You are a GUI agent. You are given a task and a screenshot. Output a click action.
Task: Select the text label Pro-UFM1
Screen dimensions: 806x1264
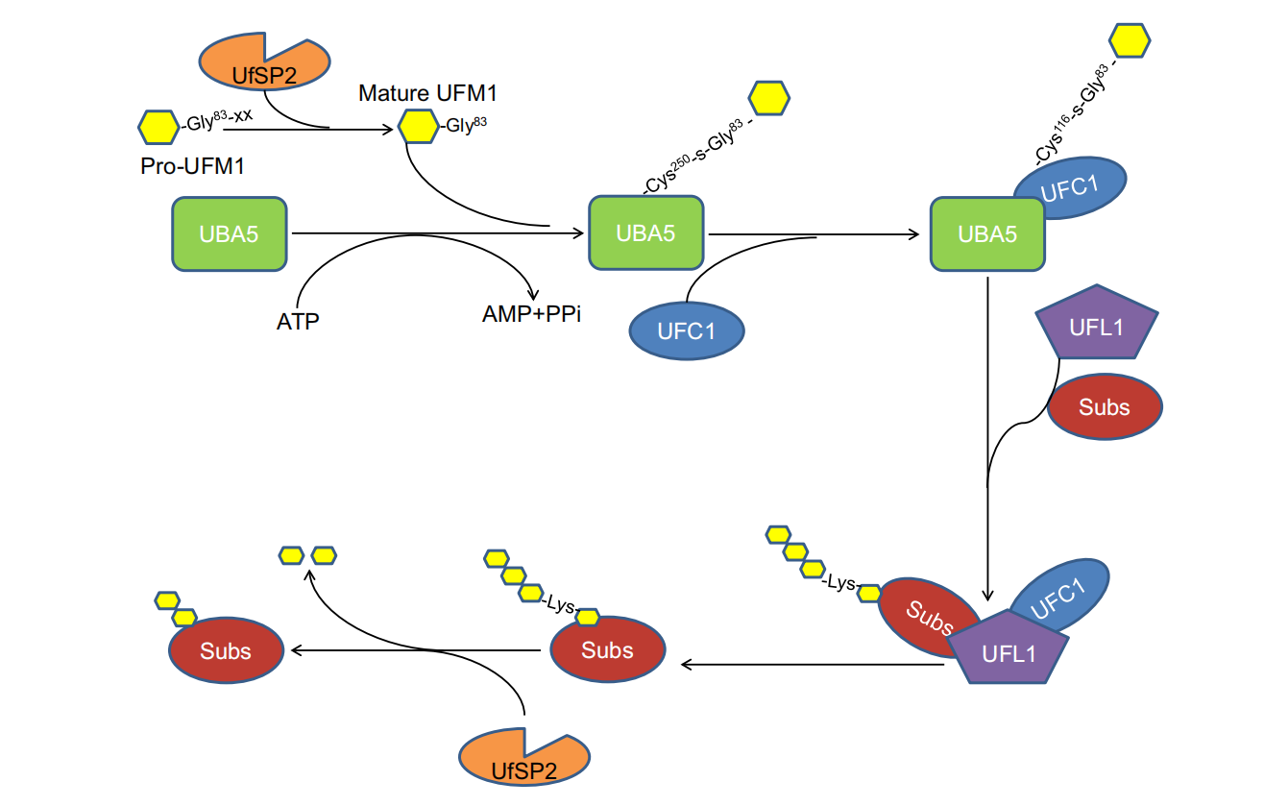point(192,165)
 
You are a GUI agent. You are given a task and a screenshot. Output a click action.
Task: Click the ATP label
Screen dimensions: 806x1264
point(298,320)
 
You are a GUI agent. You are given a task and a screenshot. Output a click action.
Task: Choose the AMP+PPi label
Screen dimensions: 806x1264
point(532,314)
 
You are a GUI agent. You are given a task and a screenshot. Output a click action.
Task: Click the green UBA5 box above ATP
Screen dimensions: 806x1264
point(230,233)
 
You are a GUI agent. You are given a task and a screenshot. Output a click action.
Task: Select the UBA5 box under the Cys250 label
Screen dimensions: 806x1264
point(645,232)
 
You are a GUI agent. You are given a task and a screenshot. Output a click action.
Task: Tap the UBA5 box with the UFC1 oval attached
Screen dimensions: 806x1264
point(986,233)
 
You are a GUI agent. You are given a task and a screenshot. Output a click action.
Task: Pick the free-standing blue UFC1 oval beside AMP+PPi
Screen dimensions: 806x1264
point(687,331)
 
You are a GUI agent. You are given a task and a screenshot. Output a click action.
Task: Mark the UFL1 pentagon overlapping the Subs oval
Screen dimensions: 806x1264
point(1009,648)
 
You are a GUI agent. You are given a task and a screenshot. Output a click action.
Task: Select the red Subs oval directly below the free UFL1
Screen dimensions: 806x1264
point(1104,406)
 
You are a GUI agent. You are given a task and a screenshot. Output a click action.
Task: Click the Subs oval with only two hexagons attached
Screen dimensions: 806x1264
point(226,650)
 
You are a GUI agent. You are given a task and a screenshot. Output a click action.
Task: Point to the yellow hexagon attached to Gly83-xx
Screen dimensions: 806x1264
point(158,126)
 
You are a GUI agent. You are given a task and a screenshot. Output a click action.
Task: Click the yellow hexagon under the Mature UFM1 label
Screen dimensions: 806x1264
point(418,126)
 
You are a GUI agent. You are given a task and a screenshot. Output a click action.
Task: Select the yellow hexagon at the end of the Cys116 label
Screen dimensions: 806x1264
point(1130,39)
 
